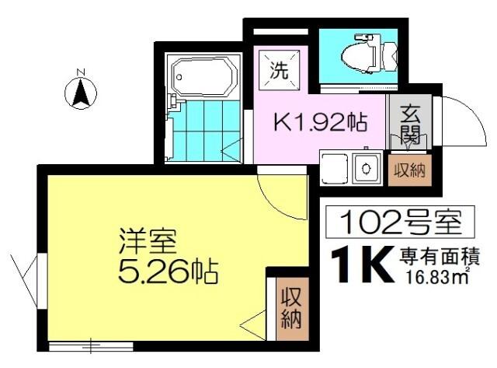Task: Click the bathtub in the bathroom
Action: [x=204, y=77]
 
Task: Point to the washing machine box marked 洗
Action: [x=277, y=68]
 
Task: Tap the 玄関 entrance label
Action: [x=411, y=124]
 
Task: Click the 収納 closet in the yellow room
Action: [x=292, y=308]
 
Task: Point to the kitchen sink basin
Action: [x=364, y=166]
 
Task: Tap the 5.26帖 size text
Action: [x=168, y=272]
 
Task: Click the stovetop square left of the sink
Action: [x=335, y=166]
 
